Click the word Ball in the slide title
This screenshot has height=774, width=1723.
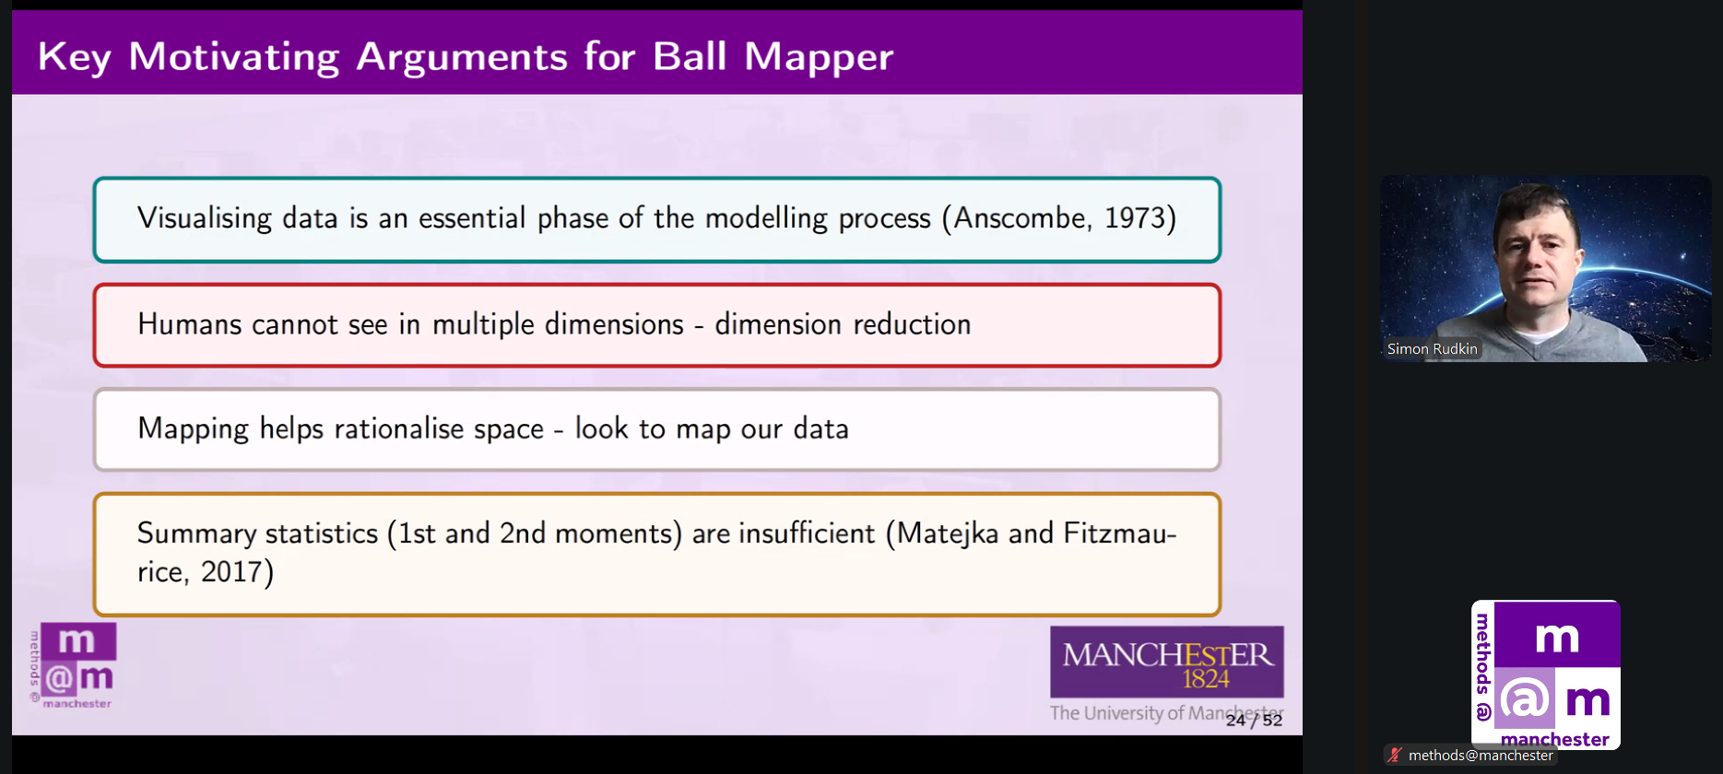(x=691, y=56)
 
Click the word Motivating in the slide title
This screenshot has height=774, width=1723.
(x=234, y=58)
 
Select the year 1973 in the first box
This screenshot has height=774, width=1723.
(x=1135, y=218)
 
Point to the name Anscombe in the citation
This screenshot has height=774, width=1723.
(x=1020, y=218)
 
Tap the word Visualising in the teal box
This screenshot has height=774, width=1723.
(x=205, y=218)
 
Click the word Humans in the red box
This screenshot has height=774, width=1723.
(x=190, y=324)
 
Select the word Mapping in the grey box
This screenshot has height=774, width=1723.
(x=194, y=429)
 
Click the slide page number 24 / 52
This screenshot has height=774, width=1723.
(x=1254, y=721)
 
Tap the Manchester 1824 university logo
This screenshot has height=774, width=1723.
(x=1167, y=663)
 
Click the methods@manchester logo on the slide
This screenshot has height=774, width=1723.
(x=73, y=666)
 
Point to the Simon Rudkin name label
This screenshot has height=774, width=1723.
(x=1432, y=349)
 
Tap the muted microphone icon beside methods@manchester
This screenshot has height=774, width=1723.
(x=1395, y=756)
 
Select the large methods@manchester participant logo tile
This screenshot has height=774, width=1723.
(x=1546, y=674)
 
